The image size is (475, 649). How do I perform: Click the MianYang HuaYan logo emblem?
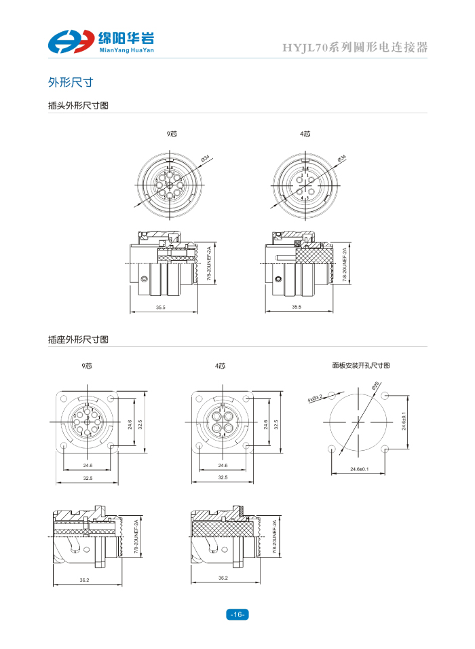71,41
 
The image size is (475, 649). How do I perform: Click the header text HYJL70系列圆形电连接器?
355,48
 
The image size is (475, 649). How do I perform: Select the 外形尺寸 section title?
71,83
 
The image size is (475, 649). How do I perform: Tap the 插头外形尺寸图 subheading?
78,106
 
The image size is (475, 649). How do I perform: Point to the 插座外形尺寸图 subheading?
78,339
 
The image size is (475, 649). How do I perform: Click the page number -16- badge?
237,614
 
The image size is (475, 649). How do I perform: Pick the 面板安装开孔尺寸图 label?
361,365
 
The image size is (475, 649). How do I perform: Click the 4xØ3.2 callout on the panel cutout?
316,396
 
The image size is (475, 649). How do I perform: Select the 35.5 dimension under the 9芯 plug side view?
161,308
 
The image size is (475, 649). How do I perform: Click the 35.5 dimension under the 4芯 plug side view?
297,308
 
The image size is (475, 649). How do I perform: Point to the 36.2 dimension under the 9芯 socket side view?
85,579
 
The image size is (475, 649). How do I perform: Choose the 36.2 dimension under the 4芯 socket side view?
223,579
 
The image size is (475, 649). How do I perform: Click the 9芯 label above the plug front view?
172,134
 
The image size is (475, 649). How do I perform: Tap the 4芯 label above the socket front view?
221,365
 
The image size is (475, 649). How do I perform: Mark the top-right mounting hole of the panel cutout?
385,395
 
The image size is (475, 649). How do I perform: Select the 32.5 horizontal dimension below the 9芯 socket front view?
88,479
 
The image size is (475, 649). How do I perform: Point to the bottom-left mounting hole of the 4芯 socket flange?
198,446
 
